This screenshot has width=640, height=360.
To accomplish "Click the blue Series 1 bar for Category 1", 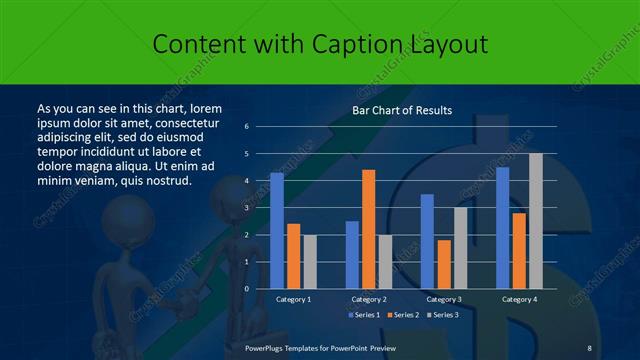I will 277,231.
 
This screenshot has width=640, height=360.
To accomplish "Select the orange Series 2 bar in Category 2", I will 368,229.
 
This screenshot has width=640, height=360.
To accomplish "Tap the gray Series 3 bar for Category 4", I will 536,221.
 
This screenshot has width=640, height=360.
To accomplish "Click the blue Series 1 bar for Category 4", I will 502,228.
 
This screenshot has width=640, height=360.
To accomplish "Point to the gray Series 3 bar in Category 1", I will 310,262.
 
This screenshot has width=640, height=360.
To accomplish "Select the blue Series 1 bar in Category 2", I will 352,255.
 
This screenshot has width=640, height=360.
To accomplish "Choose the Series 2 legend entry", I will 404,316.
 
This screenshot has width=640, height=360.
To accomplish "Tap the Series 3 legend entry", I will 445,316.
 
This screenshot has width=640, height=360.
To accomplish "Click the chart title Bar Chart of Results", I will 403,110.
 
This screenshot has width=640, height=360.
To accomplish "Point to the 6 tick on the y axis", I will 247,127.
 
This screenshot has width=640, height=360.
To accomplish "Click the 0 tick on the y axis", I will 247,289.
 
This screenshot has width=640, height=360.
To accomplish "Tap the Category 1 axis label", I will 293,299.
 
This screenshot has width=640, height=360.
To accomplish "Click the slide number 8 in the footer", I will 590,347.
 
